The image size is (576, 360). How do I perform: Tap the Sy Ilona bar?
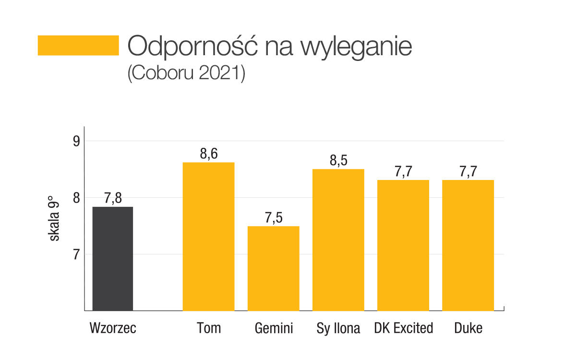coord(338,240)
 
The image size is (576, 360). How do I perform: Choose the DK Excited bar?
coord(403,245)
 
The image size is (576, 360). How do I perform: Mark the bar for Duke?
coord(468,245)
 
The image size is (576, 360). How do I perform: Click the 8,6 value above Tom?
coord(209,155)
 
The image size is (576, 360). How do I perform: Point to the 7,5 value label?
coord(274,218)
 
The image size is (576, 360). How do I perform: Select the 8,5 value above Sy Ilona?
coord(338,161)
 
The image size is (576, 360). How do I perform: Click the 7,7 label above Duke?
coord(468,172)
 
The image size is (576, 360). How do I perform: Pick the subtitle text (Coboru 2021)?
coord(186,73)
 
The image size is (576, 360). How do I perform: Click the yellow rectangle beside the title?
coord(78,45)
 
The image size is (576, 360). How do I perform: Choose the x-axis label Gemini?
coord(274,328)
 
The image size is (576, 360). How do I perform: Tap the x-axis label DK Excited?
coord(403,328)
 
